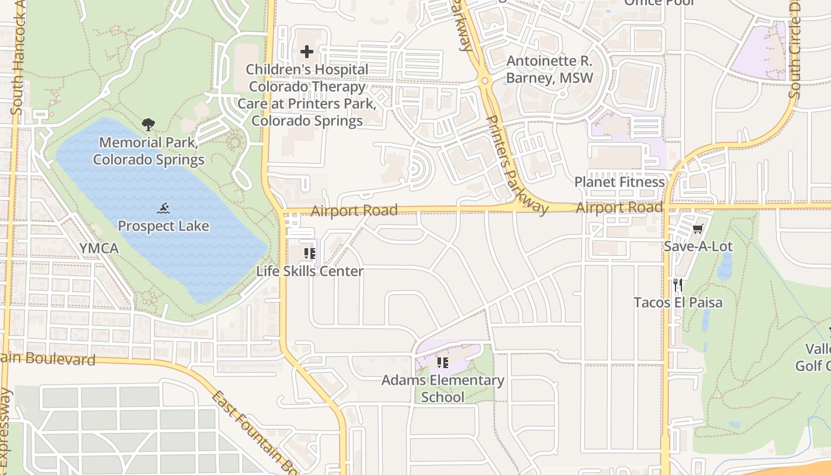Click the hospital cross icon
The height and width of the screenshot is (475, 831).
(307, 52)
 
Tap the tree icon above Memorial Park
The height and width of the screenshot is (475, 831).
(148, 125)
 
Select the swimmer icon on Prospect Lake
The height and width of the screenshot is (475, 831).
(164, 208)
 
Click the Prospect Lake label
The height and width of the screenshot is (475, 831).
(163, 226)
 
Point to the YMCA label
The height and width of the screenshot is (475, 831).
(99, 248)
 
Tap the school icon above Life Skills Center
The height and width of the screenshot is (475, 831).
(309, 254)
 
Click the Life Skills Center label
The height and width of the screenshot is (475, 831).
(310, 271)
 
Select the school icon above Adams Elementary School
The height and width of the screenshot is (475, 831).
(442, 362)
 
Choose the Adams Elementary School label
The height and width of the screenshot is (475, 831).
(443, 388)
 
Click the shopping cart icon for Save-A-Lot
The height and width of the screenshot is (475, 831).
(698, 229)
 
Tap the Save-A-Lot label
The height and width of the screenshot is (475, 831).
(698, 246)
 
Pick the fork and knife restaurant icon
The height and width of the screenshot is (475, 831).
(678, 285)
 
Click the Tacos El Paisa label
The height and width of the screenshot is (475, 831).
(678, 303)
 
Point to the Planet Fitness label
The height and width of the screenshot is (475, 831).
(620, 182)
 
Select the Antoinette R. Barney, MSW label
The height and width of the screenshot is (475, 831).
(550, 69)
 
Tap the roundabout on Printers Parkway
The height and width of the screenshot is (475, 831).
(486, 81)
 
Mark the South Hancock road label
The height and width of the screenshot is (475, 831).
(18, 65)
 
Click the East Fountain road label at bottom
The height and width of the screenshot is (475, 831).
(255, 433)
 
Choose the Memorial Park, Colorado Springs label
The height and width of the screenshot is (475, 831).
(148, 151)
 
